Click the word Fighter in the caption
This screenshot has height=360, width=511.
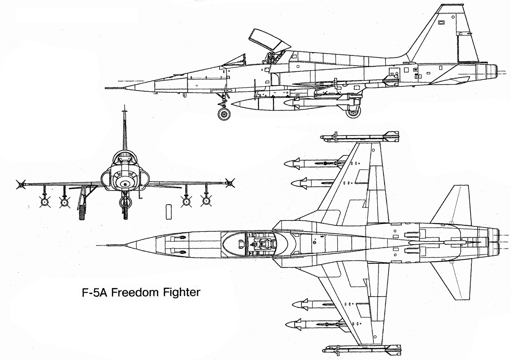pyautogui.click(x=179, y=293)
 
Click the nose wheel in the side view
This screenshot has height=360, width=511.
pyautogui.click(x=224, y=114)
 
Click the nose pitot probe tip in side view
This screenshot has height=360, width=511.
pyautogui.click(x=106, y=88)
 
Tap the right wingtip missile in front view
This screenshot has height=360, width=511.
pyautogui.click(x=230, y=183)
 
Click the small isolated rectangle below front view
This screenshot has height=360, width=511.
pyautogui.click(x=169, y=211)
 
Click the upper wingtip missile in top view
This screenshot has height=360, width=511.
pyautogui.click(x=360, y=137)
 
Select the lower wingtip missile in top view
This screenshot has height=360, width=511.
pyautogui.click(x=360, y=350)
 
